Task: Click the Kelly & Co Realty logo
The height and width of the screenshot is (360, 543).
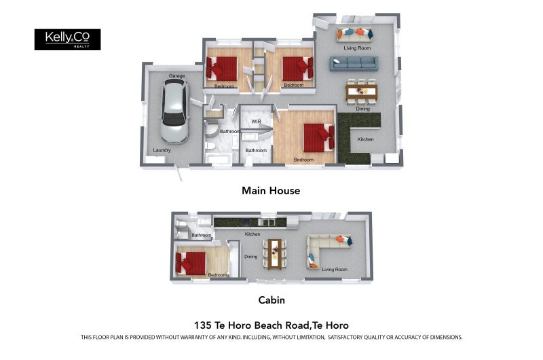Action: [67, 39]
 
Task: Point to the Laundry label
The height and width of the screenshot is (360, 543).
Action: [162, 150]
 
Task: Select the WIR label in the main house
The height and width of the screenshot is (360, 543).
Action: [256, 122]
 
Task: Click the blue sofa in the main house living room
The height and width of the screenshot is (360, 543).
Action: [353, 63]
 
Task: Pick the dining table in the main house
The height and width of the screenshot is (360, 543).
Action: [361, 92]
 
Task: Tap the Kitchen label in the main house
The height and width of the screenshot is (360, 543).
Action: [366, 139]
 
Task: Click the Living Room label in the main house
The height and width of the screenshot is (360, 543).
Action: [357, 48]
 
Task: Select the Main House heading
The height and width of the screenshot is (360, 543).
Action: [271, 191]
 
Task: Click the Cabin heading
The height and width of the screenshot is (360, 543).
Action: [271, 300]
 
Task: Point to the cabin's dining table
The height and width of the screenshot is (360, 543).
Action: [274, 252]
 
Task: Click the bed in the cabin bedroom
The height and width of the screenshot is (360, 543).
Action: [191, 262]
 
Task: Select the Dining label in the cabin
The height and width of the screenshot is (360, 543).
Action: [251, 257]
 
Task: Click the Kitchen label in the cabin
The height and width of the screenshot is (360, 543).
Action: [252, 234]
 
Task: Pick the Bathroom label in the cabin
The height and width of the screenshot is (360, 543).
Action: [202, 236]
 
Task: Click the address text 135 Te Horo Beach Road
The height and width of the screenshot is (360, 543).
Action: [271, 325]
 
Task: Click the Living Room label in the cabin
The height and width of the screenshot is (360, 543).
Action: [335, 270]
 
